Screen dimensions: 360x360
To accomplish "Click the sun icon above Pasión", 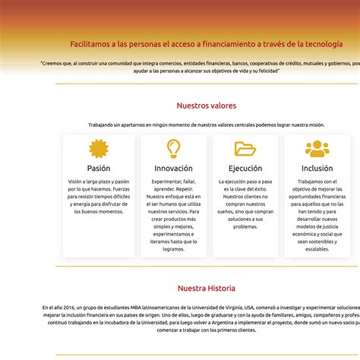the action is pyautogui.click(x=99, y=148).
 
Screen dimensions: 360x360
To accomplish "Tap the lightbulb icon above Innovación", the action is pyautogui.click(x=173, y=148).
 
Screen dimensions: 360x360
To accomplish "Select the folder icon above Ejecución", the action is pyautogui.click(x=245, y=148).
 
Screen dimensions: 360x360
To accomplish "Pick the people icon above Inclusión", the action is pyautogui.click(x=317, y=148).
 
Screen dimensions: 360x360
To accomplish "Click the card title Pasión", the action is pyautogui.click(x=99, y=169).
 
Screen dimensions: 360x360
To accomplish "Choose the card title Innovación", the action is pyautogui.click(x=173, y=169).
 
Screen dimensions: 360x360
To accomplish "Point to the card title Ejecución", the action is pyautogui.click(x=245, y=169).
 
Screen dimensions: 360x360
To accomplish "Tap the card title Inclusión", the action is pyautogui.click(x=317, y=169).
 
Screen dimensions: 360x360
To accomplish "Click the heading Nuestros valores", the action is pyautogui.click(x=207, y=106).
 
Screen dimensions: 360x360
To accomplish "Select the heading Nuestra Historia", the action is pyautogui.click(x=207, y=289).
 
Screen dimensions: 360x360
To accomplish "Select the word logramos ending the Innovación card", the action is pyautogui.click(x=173, y=249).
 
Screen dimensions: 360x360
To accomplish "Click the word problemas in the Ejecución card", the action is pyautogui.click(x=245, y=226).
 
